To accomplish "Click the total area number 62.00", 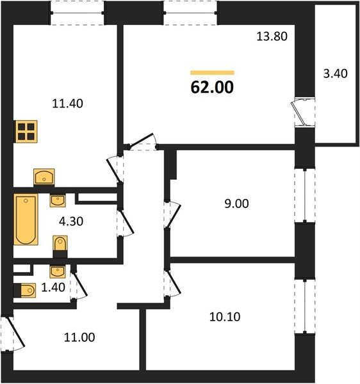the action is point(212,88).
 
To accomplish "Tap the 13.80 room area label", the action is point(272,36).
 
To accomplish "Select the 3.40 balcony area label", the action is point(335,74).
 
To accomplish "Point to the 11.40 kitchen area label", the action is point(68,104).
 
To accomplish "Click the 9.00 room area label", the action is point(236,204).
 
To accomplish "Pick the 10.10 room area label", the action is point(225,317).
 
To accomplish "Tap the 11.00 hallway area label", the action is point(79,337).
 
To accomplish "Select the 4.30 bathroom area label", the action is point(71,221).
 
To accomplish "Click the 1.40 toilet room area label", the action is point(53,287).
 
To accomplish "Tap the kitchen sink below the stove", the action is point(44,177).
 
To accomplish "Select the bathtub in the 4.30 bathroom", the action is point(26,220).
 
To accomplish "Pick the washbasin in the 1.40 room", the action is point(58,271).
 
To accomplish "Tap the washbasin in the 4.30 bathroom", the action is point(58,200).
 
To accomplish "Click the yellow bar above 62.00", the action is point(212,72).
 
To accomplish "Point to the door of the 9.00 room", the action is point(172,215).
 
